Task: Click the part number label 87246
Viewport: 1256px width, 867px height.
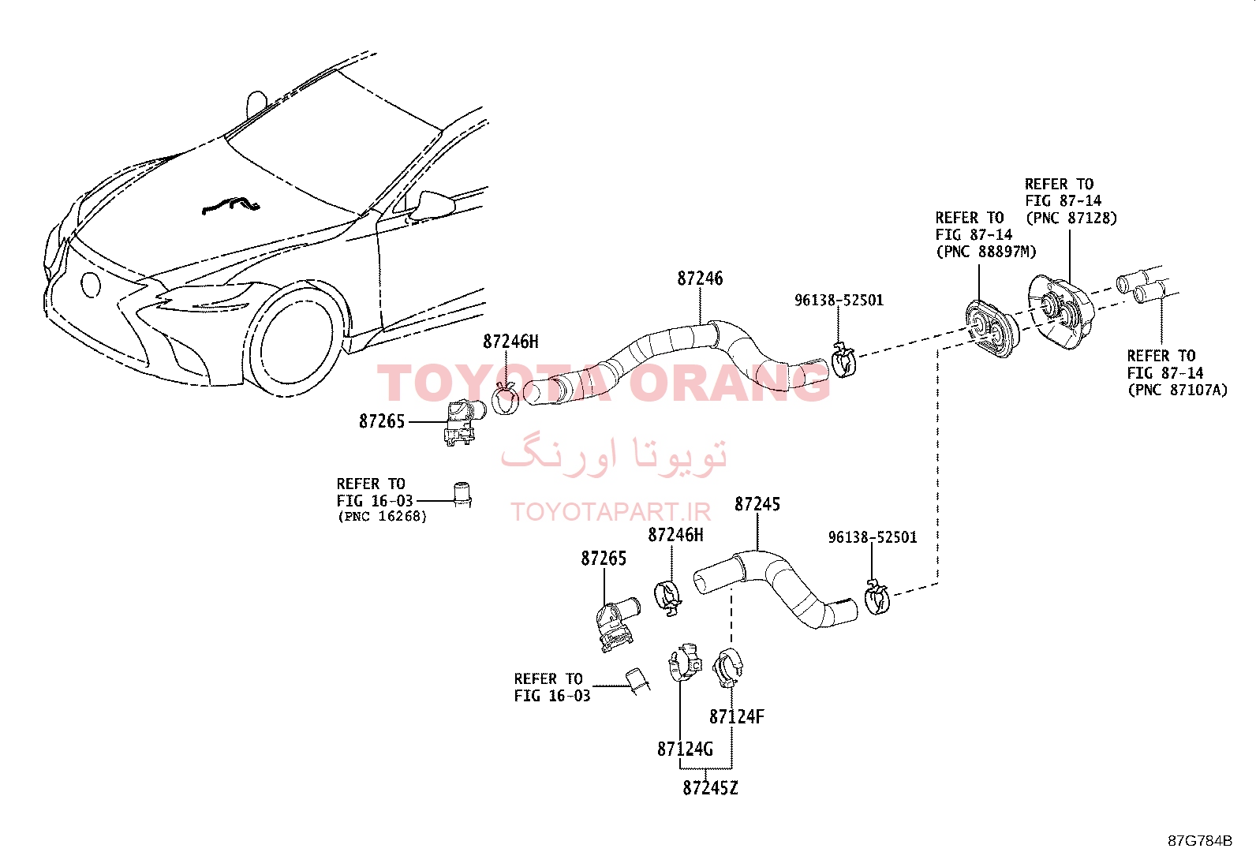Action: [x=700, y=278]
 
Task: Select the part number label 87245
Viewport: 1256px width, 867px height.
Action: [x=757, y=504]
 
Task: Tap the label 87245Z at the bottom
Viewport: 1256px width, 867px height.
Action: [x=710, y=788]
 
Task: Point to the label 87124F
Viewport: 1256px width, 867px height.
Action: [x=736, y=716]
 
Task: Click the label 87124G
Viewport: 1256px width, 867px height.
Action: [x=685, y=749]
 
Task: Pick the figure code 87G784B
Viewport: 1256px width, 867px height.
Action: [x=1200, y=841]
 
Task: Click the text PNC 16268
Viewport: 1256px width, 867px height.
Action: [x=383, y=517]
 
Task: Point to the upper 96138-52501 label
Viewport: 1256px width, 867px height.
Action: [x=839, y=300]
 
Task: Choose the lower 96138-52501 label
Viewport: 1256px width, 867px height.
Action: [x=873, y=537]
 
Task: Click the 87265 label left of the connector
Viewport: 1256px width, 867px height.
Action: [x=381, y=422]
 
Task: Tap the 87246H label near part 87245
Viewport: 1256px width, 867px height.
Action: [x=675, y=535]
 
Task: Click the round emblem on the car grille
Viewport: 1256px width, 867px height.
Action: [x=90, y=285]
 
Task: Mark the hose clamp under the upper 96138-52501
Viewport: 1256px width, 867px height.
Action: [x=843, y=360]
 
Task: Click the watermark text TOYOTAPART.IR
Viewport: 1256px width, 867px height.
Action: [x=611, y=512]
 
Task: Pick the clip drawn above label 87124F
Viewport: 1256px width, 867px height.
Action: [x=728, y=667]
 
